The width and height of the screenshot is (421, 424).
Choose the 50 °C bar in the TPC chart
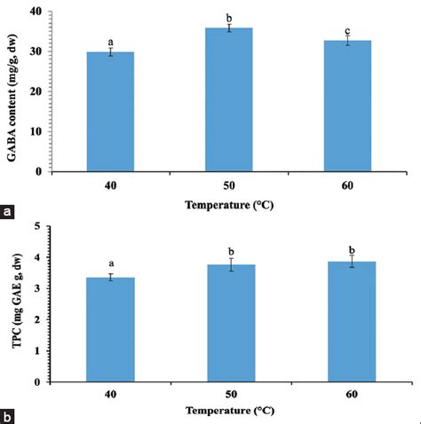(x=231, y=323)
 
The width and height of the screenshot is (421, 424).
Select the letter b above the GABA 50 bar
(x=231, y=17)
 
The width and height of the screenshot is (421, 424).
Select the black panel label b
(x=8, y=415)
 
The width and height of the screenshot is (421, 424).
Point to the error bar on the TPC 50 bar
(x=231, y=264)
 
